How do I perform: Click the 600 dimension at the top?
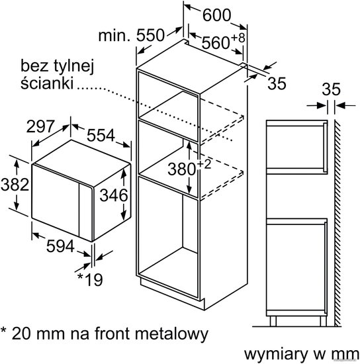(217, 15)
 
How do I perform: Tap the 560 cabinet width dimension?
(216, 43)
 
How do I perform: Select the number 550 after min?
(150, 35)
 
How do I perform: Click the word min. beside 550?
(114, 36)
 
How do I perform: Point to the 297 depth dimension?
(40, 126)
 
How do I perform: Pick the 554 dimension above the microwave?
(101, 135)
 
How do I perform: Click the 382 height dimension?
(15, 185)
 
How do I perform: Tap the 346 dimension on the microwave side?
(114, 195)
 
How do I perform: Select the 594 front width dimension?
(60, 246)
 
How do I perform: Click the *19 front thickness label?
(90, 280)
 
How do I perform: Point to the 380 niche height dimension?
(182, 169)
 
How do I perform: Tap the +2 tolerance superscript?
(204, 164)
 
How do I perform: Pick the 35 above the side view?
(331, 89)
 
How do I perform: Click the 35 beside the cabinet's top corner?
(277, 83)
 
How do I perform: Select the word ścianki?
(47, 83)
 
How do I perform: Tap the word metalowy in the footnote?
(171, 334)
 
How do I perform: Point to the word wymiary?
(276, 355)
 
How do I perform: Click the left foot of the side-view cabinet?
(273, 321)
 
